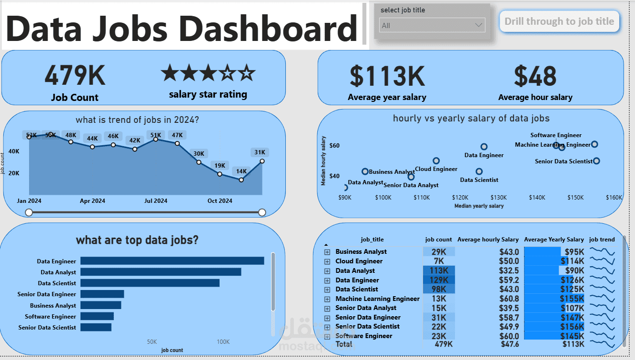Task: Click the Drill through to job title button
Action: click(559, 21)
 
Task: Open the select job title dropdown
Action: click(433, 25)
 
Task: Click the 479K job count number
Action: click(75, 75)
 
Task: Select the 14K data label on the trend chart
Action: click(242, 171)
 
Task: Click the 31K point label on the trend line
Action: click(260, 152)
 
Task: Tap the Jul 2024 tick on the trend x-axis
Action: click(156, 201)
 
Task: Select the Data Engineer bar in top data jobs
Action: click(172, 261)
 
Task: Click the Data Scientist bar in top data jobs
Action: click(150, 283)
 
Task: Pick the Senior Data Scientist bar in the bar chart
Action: click(96, 327)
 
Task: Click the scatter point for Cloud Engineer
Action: click(436, 161)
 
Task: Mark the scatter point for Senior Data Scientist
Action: click(596, 161)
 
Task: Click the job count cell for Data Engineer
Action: click(439, 280)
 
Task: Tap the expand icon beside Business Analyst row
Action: click(327, 252)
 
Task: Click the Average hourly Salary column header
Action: click(488, 240)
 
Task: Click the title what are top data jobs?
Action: click(137, 240)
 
